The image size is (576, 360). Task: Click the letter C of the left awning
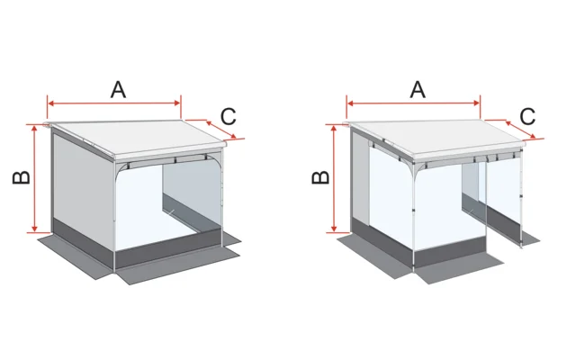(x=229, y=116)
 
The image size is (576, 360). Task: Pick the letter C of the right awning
(x=528, y=116)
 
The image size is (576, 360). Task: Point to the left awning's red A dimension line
(x=90, y=103)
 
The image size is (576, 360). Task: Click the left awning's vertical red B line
(x=34, y=180)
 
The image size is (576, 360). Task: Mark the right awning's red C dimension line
(x=513, y=129)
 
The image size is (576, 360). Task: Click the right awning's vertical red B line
(x=334, y=180)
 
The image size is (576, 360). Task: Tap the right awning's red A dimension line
(x=387, y=103)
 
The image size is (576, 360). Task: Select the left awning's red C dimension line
(x=214, y=129)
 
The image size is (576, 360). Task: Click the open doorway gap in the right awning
(x=473, y=207)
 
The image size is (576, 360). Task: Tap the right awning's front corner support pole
(x=413, y=216)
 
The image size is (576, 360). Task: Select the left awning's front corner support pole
(x=116, y=216)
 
